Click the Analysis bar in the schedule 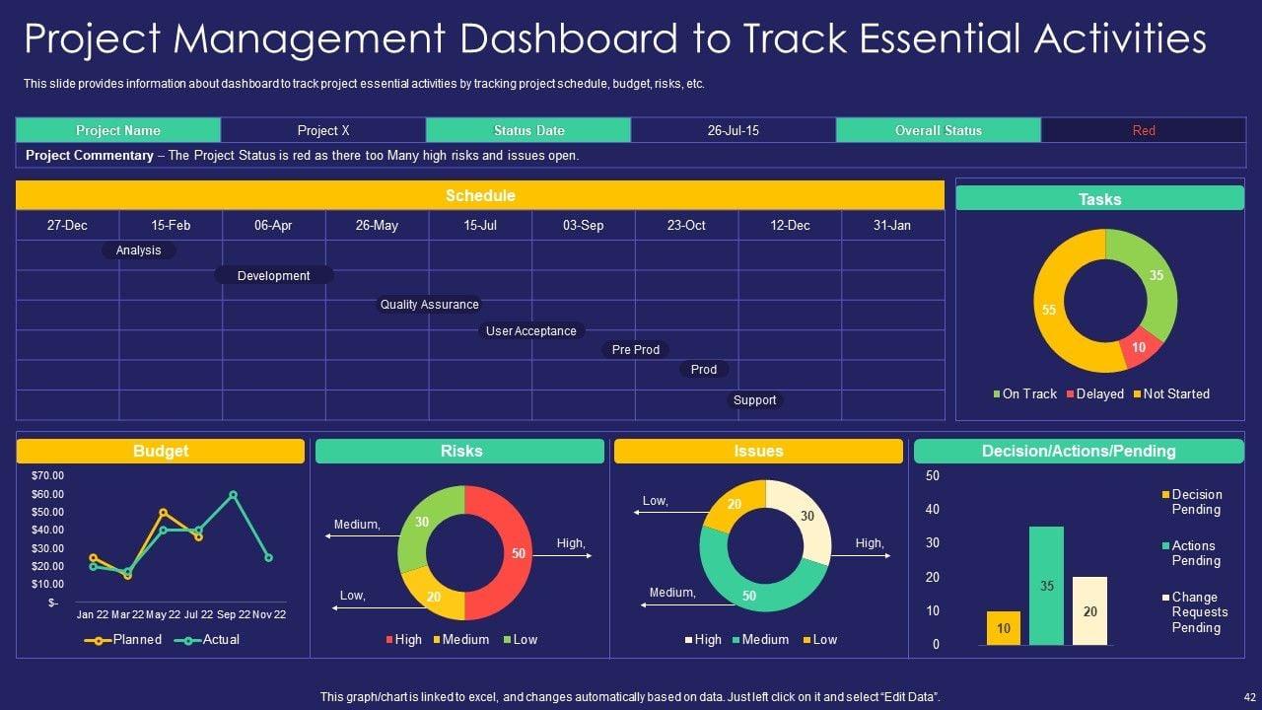point(139,250)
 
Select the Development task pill point(274,276)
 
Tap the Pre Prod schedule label point(636,350)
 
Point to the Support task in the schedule point(755,400)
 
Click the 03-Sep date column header point(583,225)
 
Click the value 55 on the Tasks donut point(1049,310)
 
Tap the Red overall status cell point(1144,130)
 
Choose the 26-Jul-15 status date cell point(734,130)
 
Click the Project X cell point(323,130)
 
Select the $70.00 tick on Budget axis point(47,475)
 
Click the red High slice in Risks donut point(505,553)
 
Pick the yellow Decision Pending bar point(1003,628)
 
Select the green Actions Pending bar point(1046,586)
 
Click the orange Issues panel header point(758,452)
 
